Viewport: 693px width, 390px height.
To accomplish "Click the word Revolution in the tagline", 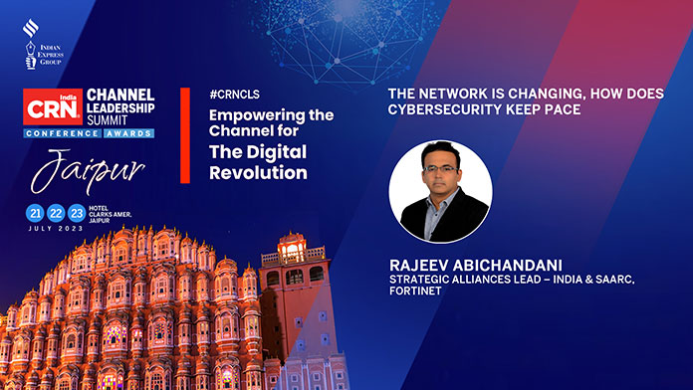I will tap(258, 173).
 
